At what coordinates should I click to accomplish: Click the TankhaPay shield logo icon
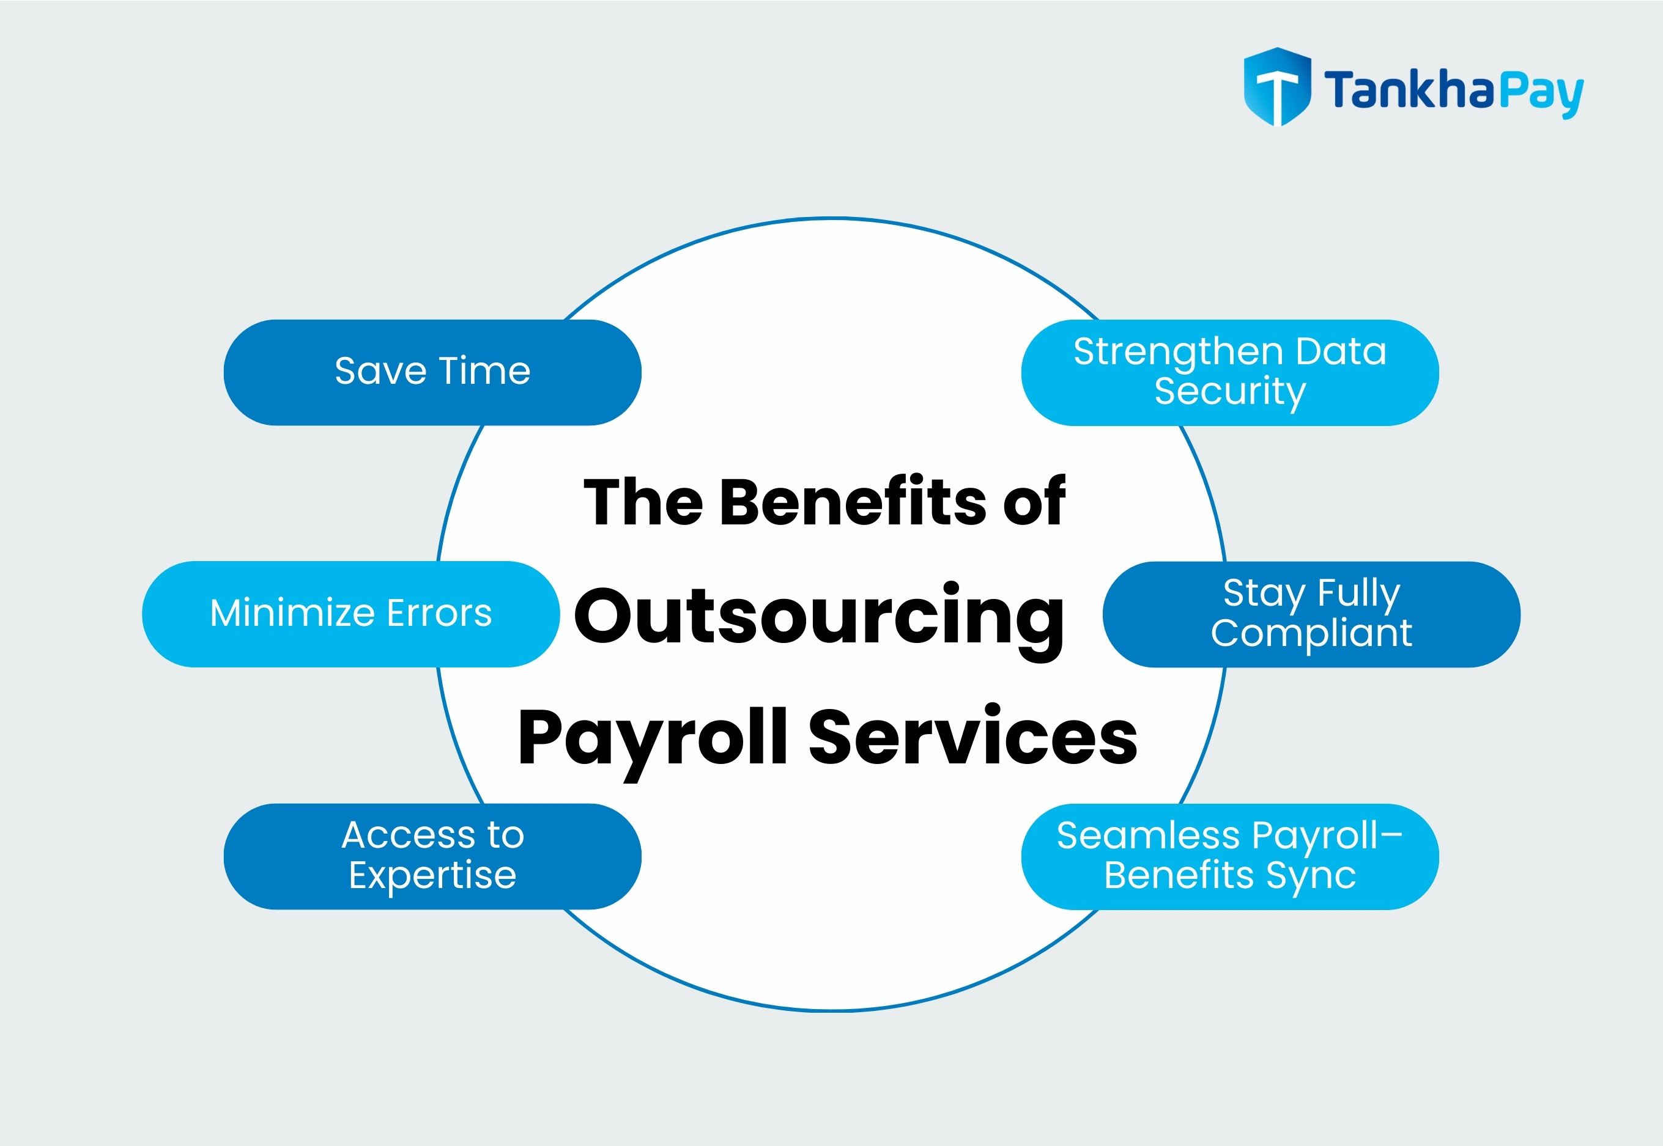tap(1276, 86)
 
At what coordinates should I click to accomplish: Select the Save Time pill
tap(432, 372)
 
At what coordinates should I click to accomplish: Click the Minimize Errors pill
tap(350, 614)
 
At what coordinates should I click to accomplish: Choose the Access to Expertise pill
tap(432, 856)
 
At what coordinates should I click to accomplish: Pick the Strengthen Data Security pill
tap(1229, 372)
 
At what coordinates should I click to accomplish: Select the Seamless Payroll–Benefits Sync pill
tap(1229, 856)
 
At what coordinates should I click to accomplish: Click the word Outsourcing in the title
tap(819, 616)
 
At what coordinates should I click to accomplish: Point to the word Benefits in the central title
tap(854, 501)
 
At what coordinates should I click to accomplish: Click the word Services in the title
tap(972, 736)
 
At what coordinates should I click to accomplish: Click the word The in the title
tap(643, 501)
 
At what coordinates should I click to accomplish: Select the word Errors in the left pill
tap(439, 613)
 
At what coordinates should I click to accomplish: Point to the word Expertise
tap(432, 875)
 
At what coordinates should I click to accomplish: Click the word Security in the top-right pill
tap(1230, 392)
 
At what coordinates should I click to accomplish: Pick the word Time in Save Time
tap(484, 371)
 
